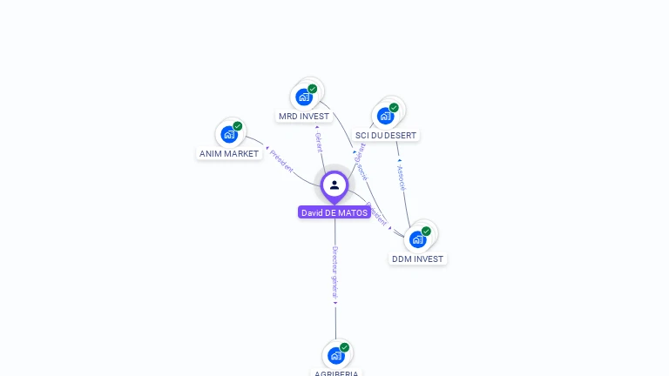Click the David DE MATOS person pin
[x=334, y=185]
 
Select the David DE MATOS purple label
[x=334, y=212]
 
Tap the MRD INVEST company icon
[x=304, y=97]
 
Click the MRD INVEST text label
[x=304, y=117]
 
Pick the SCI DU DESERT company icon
[x=385, y=116]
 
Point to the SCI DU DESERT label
[x=386, y=136]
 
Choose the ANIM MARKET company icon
[x=229, y=134]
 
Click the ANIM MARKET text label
[x=229, y=154]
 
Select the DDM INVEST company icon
[x=418, y=238]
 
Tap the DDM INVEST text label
[x=417, y=259]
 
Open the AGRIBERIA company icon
[x=336, y=355]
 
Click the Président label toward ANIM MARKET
[x=281, y=161]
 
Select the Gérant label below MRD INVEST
[x=319, y=142]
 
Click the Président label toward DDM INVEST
[x=376, y=214]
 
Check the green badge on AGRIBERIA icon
[x=344, y=347]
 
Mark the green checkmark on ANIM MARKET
[x=237, y=126]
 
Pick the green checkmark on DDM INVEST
[x=426, y=232]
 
